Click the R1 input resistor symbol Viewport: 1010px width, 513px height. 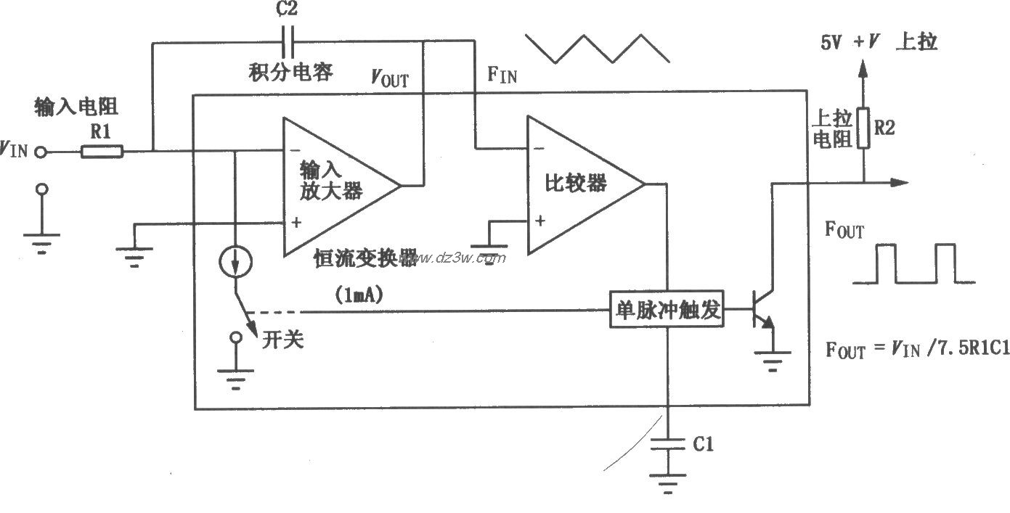point(102,152)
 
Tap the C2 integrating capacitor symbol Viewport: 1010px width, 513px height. point(289,43)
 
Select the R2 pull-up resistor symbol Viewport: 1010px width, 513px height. point(863,128)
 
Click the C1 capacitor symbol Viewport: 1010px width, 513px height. point(666,445)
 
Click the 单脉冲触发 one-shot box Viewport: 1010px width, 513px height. point(667,311)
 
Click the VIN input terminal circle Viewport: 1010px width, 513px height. point(42,152)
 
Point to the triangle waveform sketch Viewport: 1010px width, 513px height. point(597,48)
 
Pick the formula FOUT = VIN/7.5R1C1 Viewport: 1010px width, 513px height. point(917,349)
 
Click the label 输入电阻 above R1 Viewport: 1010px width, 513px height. point(76,107)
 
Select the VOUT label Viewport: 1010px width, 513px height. point(390,78)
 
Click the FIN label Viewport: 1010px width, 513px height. point(503,75)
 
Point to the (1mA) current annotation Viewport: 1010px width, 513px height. point(359,295)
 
